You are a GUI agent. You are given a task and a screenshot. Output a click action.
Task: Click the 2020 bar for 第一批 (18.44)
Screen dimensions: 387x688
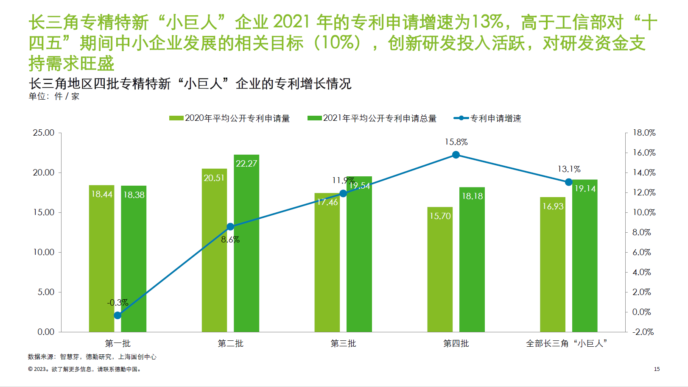101,259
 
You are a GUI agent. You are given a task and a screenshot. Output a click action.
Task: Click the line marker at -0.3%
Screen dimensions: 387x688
117,315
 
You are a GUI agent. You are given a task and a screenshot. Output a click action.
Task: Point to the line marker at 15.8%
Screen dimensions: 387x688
456,155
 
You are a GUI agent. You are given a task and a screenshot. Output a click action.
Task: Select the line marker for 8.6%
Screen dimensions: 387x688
230,227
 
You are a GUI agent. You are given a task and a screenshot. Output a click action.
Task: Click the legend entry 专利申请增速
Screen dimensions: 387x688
488,118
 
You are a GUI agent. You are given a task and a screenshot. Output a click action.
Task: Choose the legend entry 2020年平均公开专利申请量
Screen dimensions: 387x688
229,118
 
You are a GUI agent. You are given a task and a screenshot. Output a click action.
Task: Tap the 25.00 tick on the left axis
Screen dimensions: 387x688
44,133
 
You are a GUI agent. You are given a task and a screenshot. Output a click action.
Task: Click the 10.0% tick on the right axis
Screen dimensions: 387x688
644,212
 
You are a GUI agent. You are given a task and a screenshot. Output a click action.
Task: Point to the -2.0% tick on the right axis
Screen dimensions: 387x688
643,332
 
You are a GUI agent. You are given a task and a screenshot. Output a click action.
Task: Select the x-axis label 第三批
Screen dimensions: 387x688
343,343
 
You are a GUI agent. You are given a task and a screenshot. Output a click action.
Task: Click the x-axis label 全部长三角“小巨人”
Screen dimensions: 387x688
567,343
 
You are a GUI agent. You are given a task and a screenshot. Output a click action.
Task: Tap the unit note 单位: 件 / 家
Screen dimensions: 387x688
54,97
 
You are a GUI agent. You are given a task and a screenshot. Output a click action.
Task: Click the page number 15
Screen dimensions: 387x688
657,369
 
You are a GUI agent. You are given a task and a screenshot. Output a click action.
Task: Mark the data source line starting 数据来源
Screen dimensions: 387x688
92,357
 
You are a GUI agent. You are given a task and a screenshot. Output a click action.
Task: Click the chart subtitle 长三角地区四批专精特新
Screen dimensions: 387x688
190,84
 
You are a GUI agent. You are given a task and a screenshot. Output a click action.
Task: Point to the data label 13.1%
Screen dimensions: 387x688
569,169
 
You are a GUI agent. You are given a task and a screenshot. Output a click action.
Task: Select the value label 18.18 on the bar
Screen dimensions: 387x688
472,196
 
